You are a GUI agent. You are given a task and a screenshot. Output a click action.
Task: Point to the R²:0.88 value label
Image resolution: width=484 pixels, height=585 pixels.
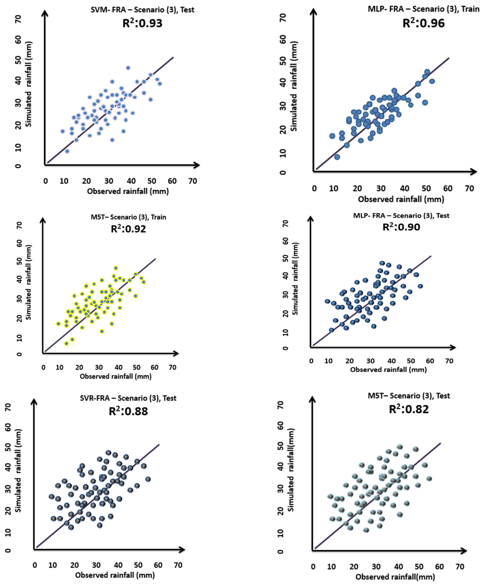point(128,411)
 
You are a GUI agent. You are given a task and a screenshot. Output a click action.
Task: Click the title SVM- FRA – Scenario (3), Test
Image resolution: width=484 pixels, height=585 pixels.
point(142,10)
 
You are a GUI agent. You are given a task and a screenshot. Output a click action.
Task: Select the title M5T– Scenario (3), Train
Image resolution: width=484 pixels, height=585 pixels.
point(128,217)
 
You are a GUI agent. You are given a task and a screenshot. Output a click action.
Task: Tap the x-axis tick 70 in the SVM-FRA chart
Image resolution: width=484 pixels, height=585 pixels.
point(192,181)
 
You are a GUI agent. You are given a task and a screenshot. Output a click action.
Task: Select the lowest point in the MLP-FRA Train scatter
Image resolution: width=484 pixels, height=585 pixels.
point(337,157)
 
